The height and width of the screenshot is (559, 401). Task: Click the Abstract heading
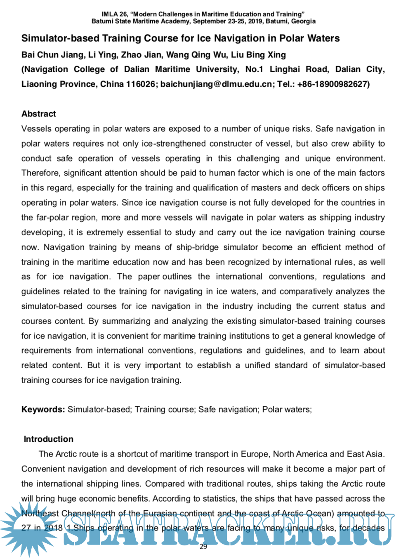38,114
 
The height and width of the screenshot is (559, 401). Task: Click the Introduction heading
48,439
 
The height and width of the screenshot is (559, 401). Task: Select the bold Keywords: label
43,410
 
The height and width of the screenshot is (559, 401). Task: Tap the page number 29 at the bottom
203,547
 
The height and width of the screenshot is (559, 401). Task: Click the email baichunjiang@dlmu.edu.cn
217,84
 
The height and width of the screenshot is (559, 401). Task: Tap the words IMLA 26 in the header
114,14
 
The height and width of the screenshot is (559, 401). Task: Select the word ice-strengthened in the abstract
173,144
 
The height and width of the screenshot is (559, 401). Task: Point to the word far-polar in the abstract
56,218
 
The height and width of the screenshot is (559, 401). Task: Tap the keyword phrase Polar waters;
287,410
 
